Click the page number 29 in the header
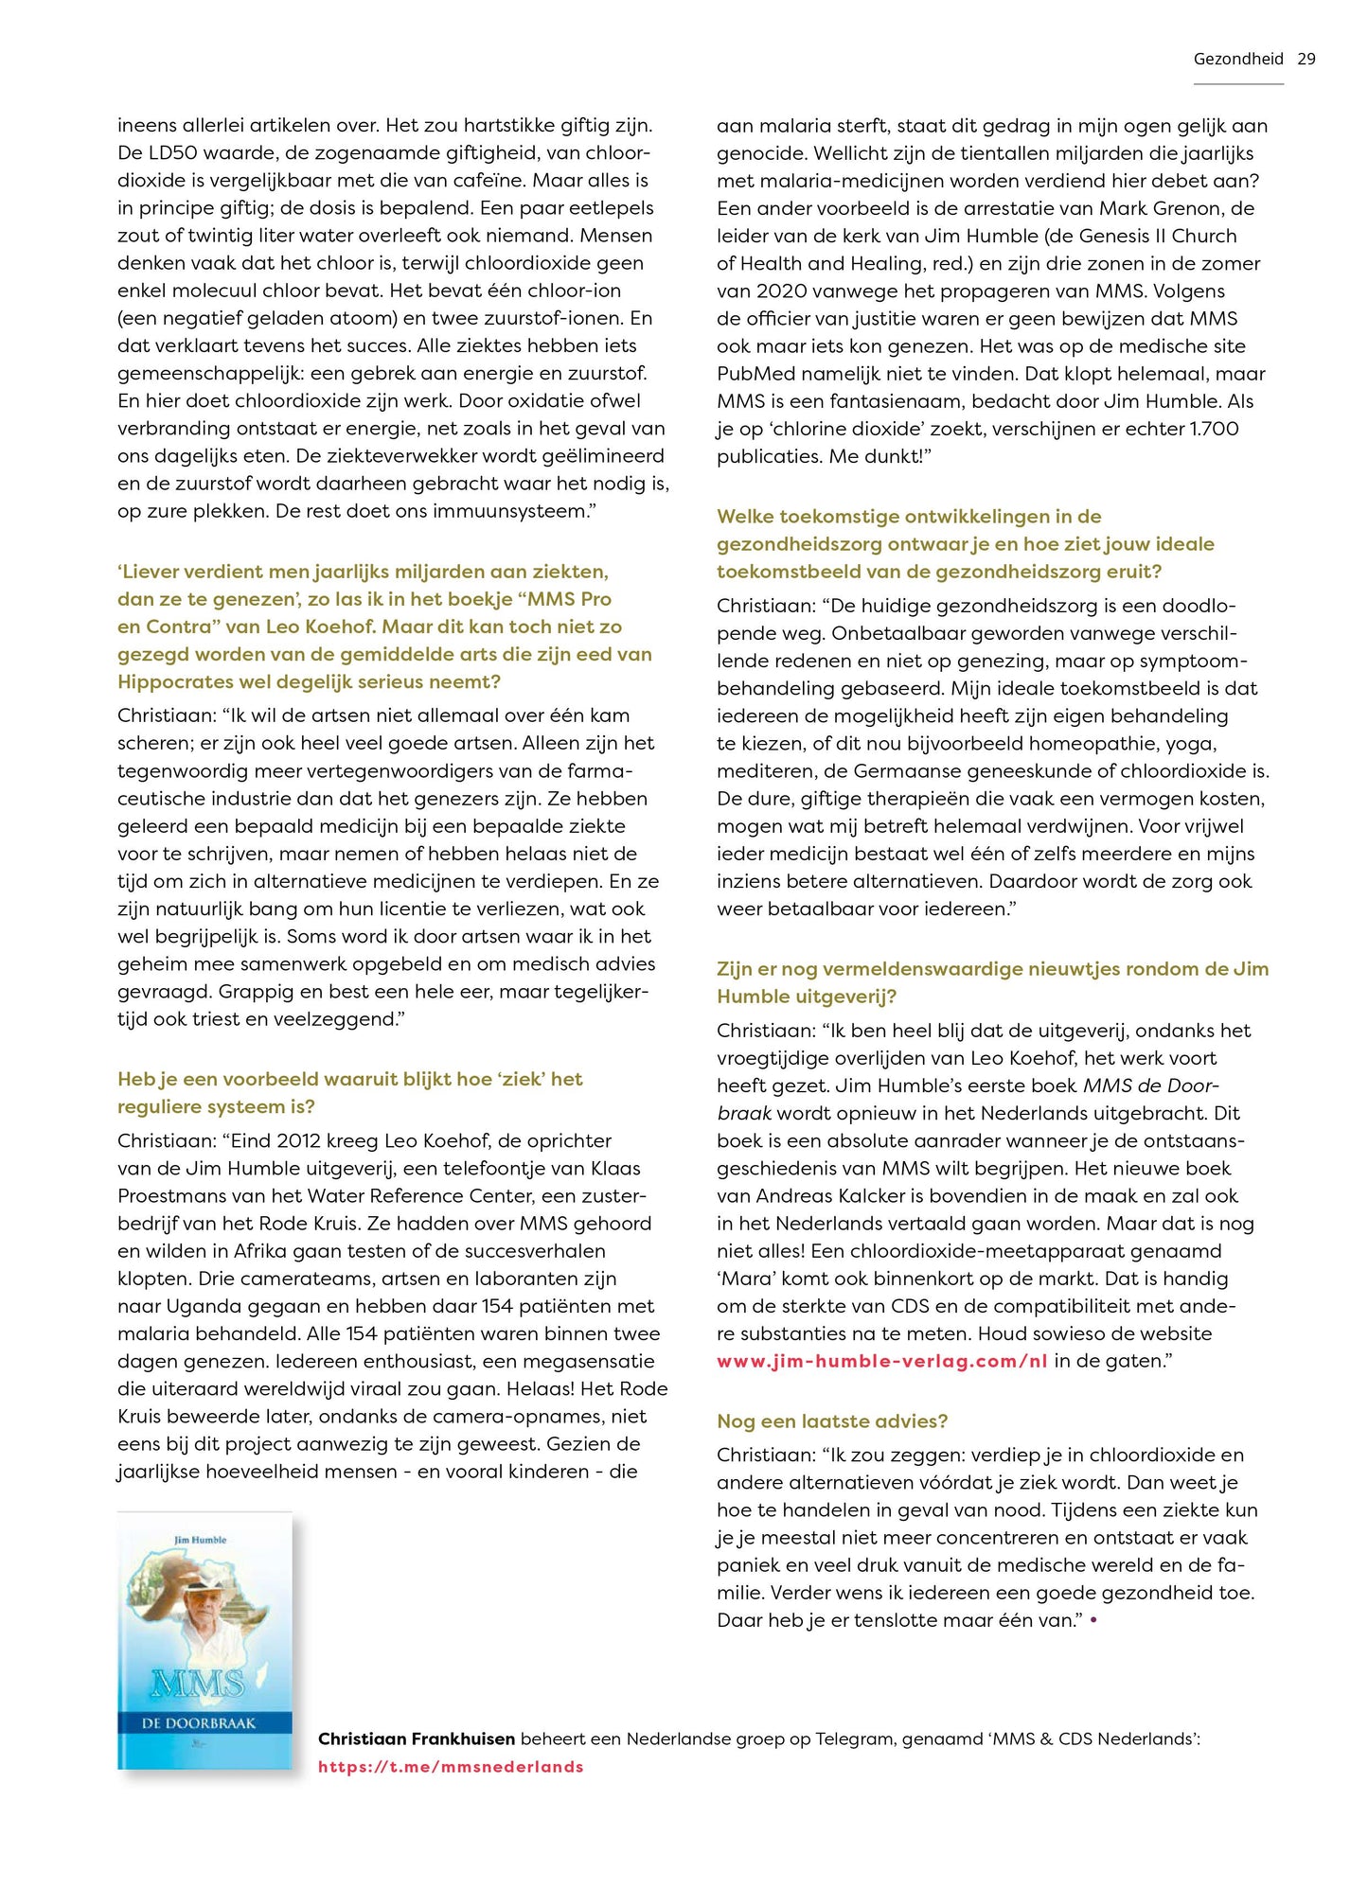(1306, 59)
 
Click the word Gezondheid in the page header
(1237, 59)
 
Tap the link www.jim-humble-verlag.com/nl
(881, 1361)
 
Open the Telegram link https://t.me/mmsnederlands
(451, 1766)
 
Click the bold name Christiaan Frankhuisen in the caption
(417, 1738)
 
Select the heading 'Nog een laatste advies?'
(831, 1420)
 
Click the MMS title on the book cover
(197, 1683)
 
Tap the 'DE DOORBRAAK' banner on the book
(199, 1723)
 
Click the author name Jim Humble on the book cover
(200, 1540)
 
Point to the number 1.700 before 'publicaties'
(1214, 429)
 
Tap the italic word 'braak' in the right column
(743, 1113)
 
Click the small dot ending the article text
(1093, 1620)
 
